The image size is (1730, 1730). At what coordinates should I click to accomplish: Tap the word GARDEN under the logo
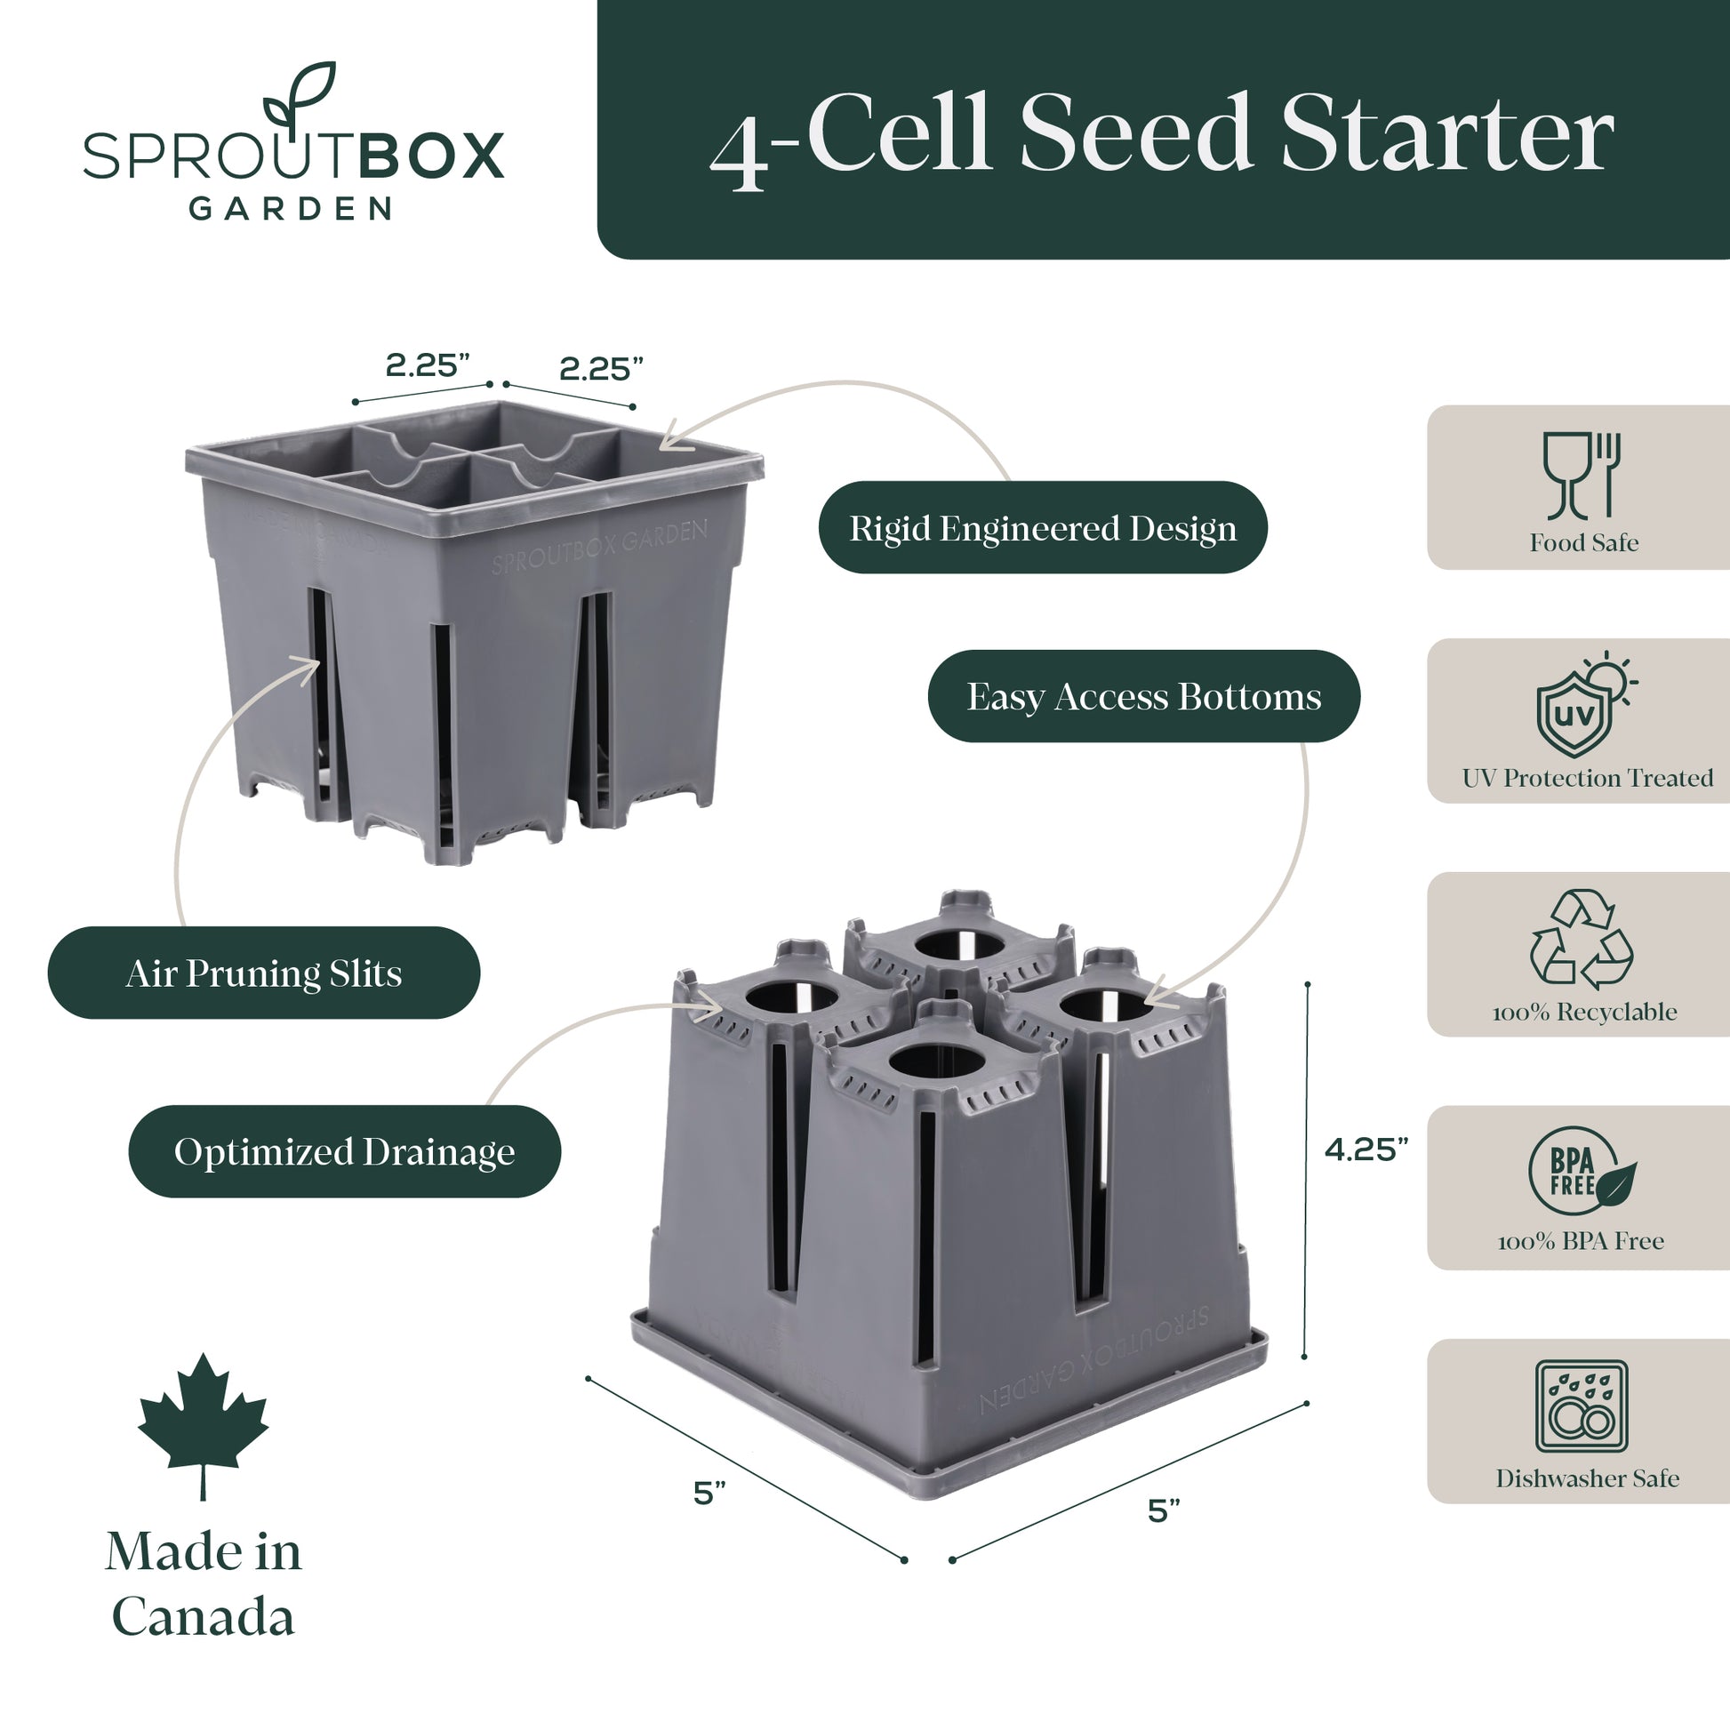pos(291,209)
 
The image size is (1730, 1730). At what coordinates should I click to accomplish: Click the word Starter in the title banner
pos(1448,134)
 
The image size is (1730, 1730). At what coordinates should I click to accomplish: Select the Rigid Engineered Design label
pos(1043,527)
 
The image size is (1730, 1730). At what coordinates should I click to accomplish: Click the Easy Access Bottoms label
pos(1143,696)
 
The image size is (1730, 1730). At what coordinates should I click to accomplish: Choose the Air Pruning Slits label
pos(264,973)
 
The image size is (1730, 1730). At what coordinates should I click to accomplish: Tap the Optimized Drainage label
pos(345,1151)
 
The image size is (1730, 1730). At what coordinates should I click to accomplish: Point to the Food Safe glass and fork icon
pos(1582,476)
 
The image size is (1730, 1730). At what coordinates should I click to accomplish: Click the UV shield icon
pos(1584,705)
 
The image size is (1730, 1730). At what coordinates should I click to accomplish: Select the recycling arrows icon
pos(1582,940)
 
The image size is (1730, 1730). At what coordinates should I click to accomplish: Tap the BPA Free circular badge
pos(1582,1171)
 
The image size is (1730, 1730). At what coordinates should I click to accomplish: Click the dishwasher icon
pos(1582,1406)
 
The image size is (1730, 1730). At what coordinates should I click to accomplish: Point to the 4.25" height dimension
pos(1366,1149)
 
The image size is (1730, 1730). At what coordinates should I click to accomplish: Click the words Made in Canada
pos(204,1584)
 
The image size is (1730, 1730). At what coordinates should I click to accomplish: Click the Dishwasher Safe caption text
pos(1588,1478)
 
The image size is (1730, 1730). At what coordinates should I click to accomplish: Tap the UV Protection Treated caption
pos(1588,778)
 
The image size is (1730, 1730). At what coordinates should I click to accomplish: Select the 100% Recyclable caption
pos(1585,1012)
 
